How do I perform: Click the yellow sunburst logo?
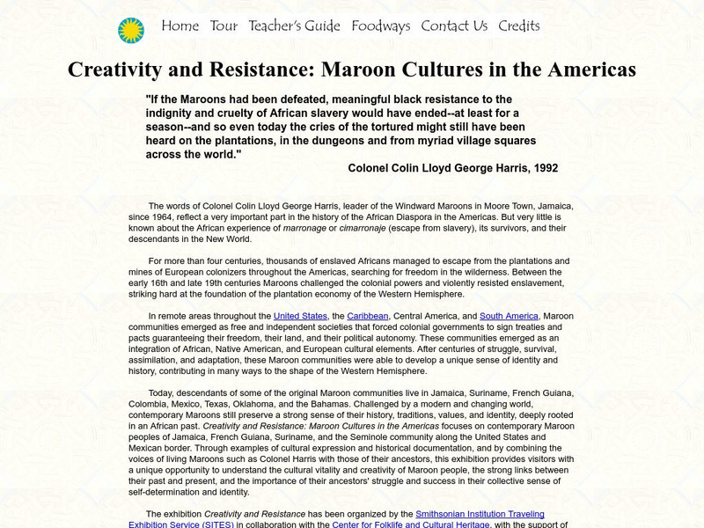coord(130,30)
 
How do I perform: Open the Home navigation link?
coord(180,26)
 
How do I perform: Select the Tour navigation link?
coord(224,26)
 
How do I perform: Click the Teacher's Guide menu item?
coord(294,26)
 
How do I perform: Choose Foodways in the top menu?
coord(380,26)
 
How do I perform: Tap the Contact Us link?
coord(453,26)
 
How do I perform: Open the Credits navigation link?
coord(518,26)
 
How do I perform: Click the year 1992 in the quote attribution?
coord(542,167)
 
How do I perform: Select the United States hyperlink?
coord(299,316)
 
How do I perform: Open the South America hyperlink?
coord(509,316)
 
